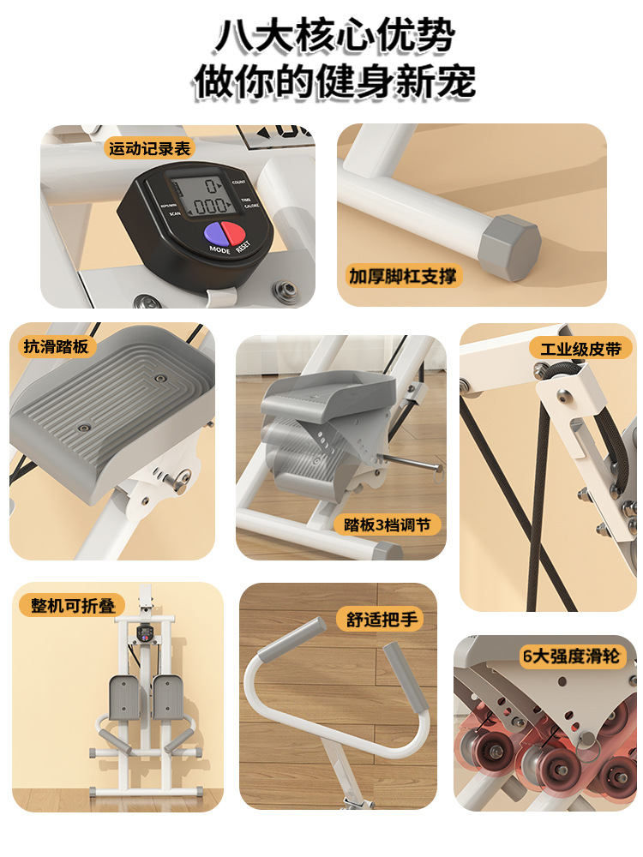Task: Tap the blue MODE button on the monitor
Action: coord(213,234)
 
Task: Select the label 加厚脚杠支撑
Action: coord(404,276)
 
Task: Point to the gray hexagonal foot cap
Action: coord(512,247)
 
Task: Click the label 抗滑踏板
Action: coord(56,346)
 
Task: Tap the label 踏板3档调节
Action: coord(388,524)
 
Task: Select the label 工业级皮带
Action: coord(580,348)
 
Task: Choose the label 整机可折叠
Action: coord(72,605)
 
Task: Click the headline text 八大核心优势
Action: coord(334,38)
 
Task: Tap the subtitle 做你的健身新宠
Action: coord(334,83)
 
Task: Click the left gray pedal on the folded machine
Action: coord(125,695)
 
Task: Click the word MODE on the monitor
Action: coord(219,249)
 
